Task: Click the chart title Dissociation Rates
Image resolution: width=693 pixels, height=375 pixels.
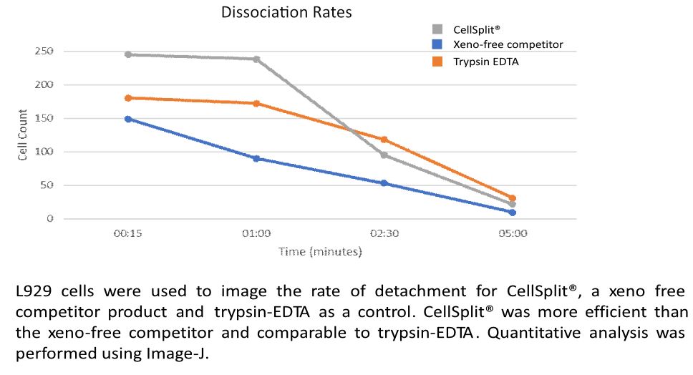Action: click(x=286, y=12)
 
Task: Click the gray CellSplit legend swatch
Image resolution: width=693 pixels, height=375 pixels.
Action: click(x=436, y=29)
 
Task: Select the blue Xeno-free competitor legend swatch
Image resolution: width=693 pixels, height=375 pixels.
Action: click(x=436, y=45)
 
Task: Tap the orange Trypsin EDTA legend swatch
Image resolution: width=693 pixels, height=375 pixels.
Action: click(x=436, y=62)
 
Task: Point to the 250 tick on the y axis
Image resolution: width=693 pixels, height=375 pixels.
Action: click(x=44, y=52)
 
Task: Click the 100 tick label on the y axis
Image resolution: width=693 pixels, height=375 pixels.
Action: click(x=44, y=152)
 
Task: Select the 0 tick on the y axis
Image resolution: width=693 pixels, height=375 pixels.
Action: click(x=49, y=219)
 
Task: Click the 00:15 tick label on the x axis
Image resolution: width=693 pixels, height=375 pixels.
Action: click(x=128, y=233)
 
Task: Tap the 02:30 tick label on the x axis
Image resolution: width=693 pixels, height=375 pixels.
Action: click(x=384, y=233)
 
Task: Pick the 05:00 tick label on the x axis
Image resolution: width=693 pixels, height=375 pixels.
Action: click(x=513, y=233)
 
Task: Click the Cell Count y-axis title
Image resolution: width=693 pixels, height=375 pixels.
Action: click(x=23, y=135)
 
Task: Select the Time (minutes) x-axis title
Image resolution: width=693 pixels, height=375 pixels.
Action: click(x=320, y=251)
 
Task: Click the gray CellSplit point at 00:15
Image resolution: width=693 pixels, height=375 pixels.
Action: click(x=128, y=54)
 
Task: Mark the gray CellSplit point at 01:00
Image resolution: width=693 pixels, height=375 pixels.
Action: click(x=256, y=59)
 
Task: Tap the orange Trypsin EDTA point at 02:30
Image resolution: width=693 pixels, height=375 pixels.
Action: click(x=384, y=140)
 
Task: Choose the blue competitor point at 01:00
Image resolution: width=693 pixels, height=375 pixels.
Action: click(x=256, y=158)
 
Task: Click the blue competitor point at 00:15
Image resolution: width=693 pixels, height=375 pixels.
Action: click(x=128, y=119)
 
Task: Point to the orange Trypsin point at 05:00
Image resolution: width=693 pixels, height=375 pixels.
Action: click(x=513, y=198)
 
